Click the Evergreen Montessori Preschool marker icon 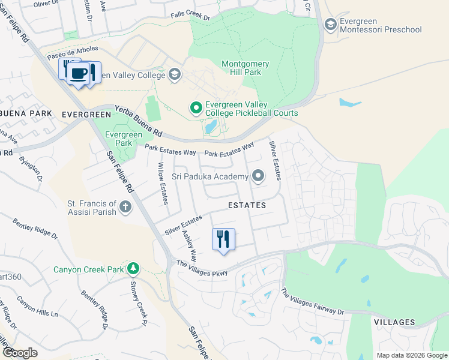coord(330,24)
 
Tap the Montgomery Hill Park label coord(250,68)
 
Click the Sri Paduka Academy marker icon coord(258,176)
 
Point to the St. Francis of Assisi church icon coord(125,208)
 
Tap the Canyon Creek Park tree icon coord(133,268)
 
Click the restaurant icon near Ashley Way coord(223,239)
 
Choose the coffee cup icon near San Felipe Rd coord(77,73)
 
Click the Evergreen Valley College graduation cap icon coord(174,74)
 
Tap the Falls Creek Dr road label coord(190,17)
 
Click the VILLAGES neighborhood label coord(394,322)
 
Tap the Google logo coord(20,353)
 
